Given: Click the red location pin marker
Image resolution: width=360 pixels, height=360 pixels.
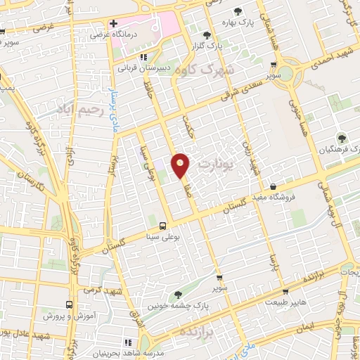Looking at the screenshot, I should pyautogui.click(x=181, y=165).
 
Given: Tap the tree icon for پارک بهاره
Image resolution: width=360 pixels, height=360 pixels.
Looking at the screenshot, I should pyautogui.click(x=237, y=11).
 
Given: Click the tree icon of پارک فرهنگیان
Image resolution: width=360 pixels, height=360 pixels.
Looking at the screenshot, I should pyautogui.click(x=342, y=138).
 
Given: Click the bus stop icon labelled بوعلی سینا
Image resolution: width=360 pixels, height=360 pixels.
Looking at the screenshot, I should pyautogui.click(x=163, y=226).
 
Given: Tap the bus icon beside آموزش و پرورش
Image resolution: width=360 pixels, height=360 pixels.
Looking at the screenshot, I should pyautogui.click(x=69, y=304).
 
